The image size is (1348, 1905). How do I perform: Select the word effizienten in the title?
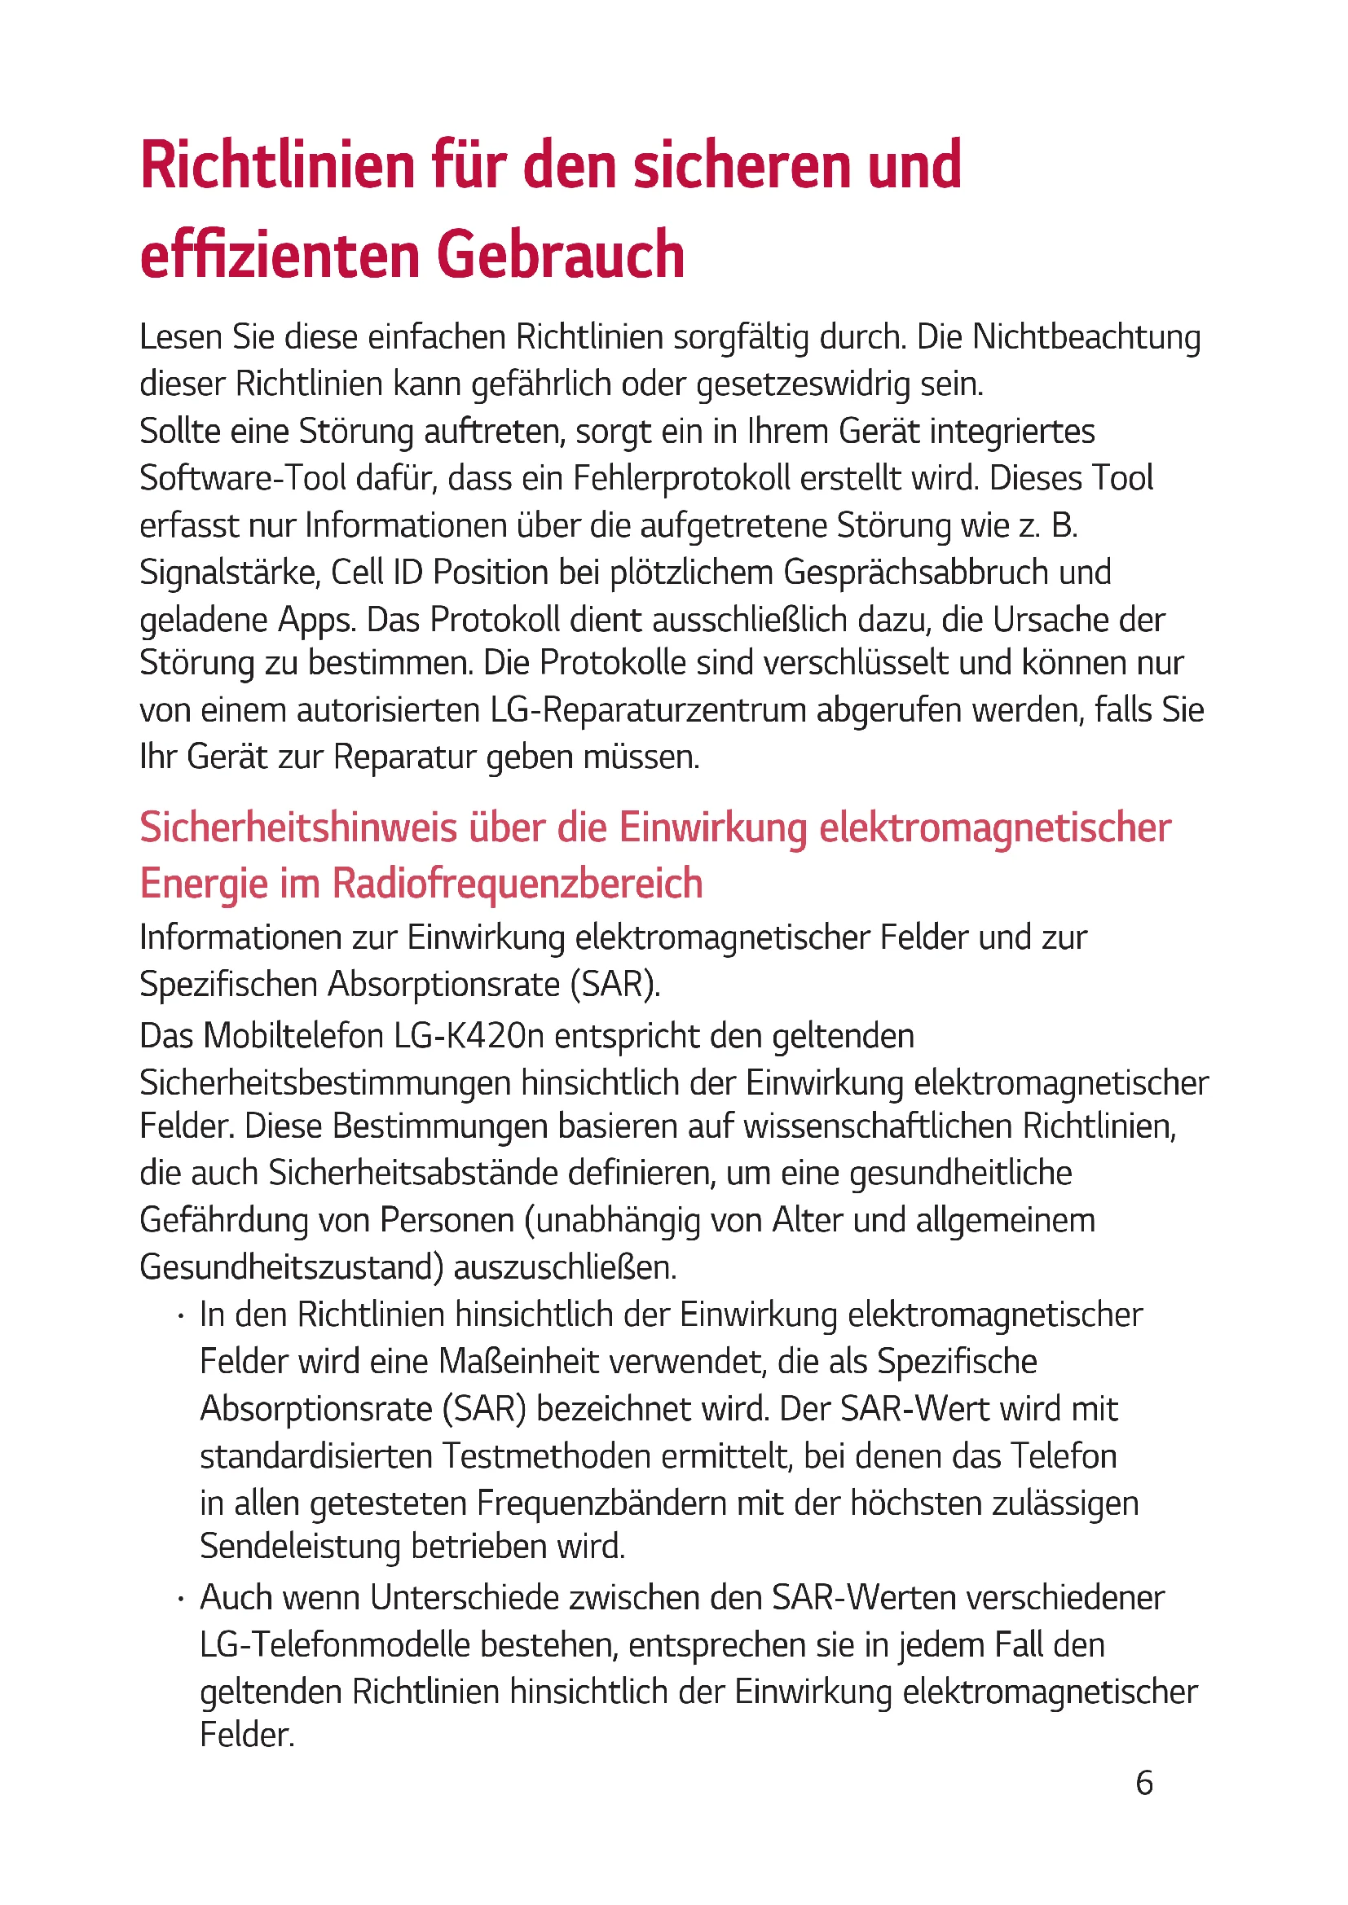tap(280, 254)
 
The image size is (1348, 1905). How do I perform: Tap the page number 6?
tap(1143, 1782)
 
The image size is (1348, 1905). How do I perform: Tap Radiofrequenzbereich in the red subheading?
tap(518, 883)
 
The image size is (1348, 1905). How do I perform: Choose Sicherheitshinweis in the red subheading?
tap(299, 828)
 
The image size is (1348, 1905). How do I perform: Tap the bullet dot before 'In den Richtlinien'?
tap(180, 1316)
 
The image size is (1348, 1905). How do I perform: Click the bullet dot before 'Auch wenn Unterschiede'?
tap(180, 1599)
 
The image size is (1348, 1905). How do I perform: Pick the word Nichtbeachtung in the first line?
tap(1086, 338)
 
